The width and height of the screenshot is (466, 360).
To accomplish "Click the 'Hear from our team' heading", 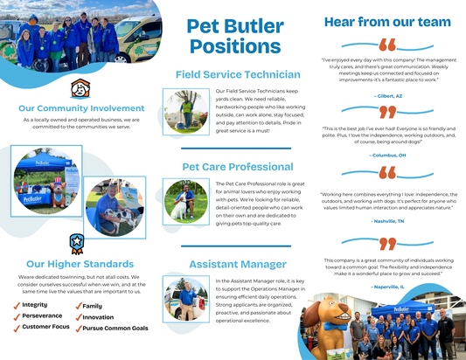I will (386, 22).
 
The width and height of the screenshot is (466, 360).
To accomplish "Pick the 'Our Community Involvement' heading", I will (80, 108).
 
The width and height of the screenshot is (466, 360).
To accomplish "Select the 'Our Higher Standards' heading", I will (73, 263).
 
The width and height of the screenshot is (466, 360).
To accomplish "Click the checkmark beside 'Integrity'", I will (16, 305).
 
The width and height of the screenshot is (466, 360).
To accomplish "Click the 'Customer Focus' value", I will (46, 327).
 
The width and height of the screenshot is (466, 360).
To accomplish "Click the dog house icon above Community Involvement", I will (80, 88).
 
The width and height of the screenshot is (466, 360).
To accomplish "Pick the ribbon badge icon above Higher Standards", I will (76, 242).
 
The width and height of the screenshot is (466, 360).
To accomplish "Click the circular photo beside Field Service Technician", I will (185, 112).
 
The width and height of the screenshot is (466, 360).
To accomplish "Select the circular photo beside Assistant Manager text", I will (185, 299).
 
